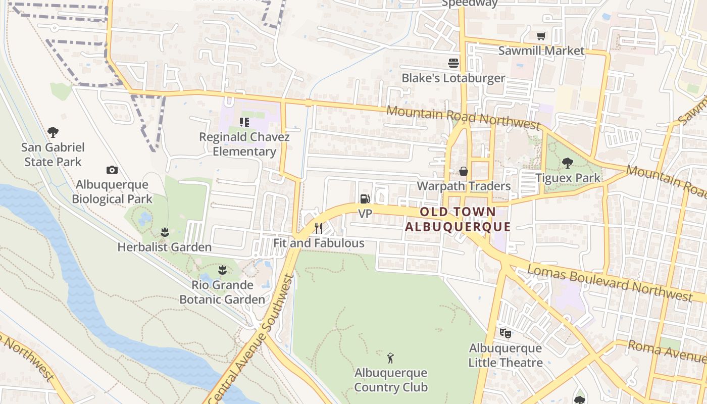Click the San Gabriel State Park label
[x=53, y=155]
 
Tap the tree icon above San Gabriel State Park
[x=53, y=133]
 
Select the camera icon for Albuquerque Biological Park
[x=112, y=170]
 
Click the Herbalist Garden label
[x=164, y=247]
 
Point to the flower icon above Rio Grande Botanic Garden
[x=222, y=270]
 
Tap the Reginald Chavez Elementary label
[x=244, y=144]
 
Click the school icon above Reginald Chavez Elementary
[x=244, y=122]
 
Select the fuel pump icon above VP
[x=365, y=199]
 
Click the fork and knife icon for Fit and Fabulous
[x=319, y=228]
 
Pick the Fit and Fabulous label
[x=319, y=243]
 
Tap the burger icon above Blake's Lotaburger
[x=453, y=63]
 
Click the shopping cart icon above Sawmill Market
[x=541, y=36]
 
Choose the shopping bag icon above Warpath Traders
[x=463, y=171]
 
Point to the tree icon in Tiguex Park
[x=568, y=163]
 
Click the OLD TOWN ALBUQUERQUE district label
[x=458, y=219]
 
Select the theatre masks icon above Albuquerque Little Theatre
[x=505, y=333]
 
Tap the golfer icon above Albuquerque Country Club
[x=390, y=359]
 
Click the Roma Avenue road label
[x=667, y=350]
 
